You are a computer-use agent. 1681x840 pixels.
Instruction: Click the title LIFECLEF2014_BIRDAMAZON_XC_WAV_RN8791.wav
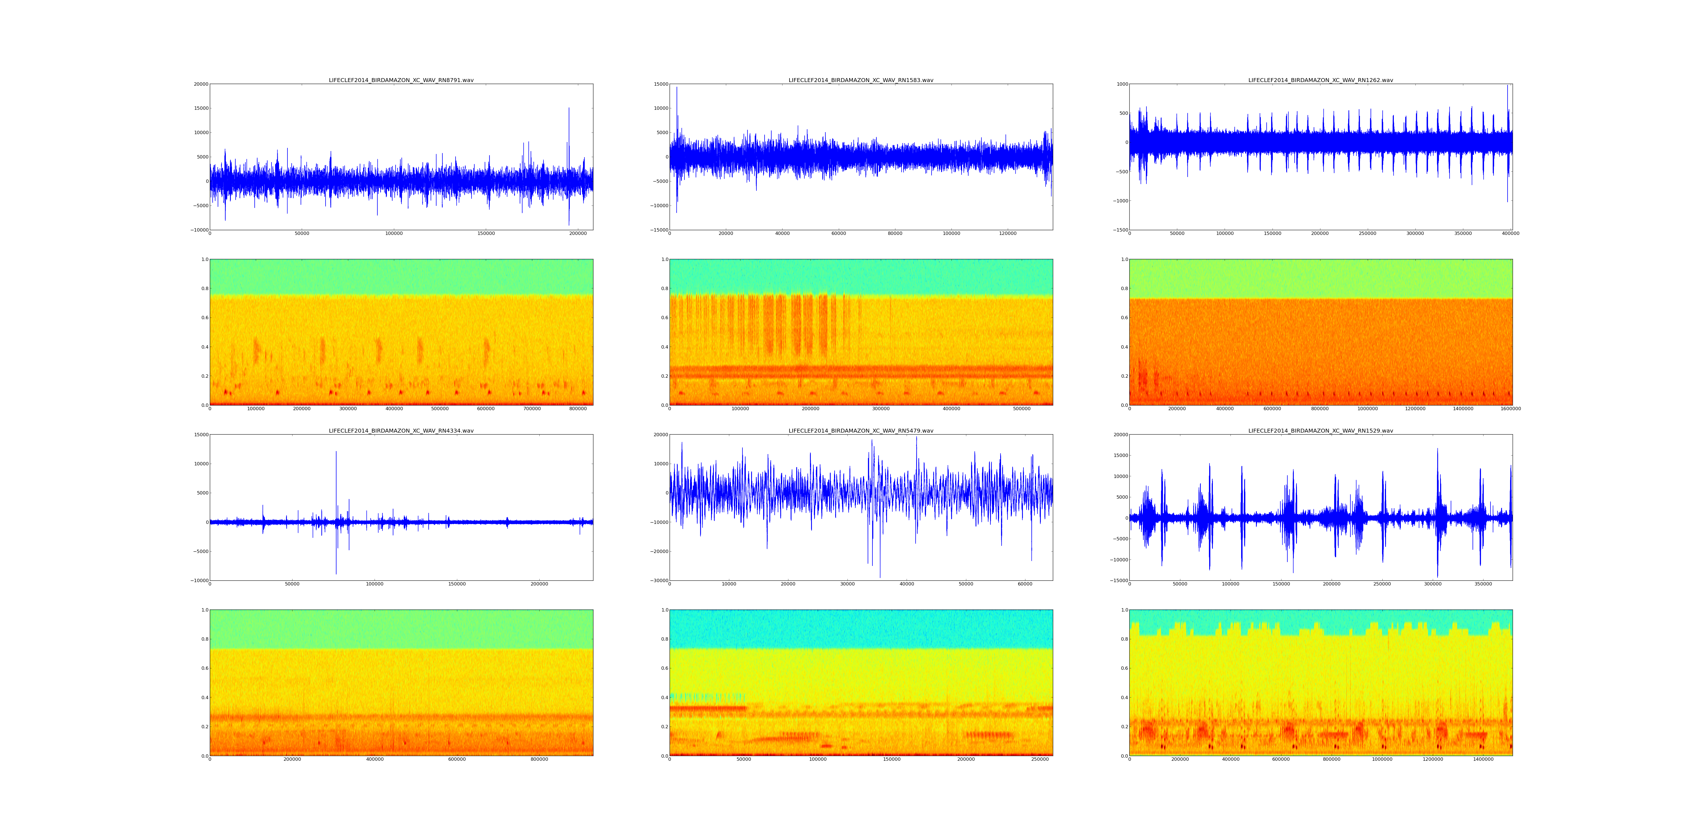(401, 80)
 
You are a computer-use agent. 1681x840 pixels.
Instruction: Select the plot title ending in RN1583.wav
(861, 80)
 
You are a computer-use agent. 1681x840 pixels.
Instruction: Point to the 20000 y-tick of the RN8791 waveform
(200, 84)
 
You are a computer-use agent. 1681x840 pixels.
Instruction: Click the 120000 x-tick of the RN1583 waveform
(1007, 234)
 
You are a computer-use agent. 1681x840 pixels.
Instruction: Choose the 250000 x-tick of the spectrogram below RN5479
(1039, 759)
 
